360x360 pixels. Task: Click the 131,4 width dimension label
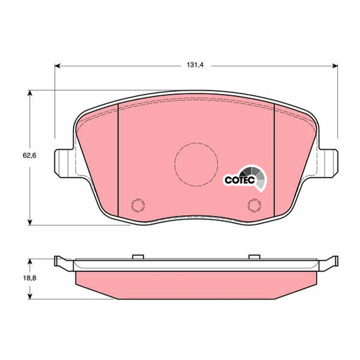point(195,65)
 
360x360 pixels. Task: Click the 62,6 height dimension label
point(29,155)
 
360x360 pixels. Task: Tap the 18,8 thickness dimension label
point(29,278)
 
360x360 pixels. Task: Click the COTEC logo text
point(240,180)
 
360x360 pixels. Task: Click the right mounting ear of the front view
point(328,163)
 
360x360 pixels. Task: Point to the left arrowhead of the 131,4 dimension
point(57,66)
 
